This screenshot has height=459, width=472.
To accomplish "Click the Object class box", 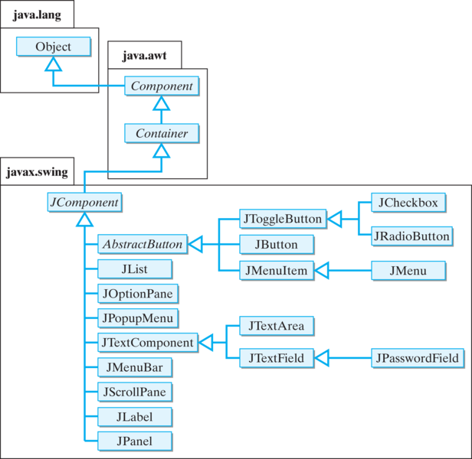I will tap(53, 47).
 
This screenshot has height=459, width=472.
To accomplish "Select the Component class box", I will tap(161, 86).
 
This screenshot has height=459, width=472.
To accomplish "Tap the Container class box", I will tap(161, 134).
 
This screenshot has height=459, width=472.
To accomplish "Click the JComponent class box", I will tap(84, 203).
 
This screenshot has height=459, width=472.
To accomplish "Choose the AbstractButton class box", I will tap(141, 245).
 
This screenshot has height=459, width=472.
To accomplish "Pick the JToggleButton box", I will tap(281, 219).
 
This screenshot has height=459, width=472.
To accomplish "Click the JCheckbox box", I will tap(408, 203).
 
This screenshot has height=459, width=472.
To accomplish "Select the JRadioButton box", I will tap(411, 236).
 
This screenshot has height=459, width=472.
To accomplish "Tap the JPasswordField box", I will tap(416, 358).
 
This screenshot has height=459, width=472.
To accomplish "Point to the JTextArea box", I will tap(276, 326).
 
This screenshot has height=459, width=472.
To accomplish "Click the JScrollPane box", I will tap(134, 392).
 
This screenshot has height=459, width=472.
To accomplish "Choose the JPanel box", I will tap(134, 441).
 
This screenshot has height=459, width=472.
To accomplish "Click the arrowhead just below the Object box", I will tap(53, 66).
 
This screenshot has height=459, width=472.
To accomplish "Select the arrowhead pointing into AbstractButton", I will tap(195, 245).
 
